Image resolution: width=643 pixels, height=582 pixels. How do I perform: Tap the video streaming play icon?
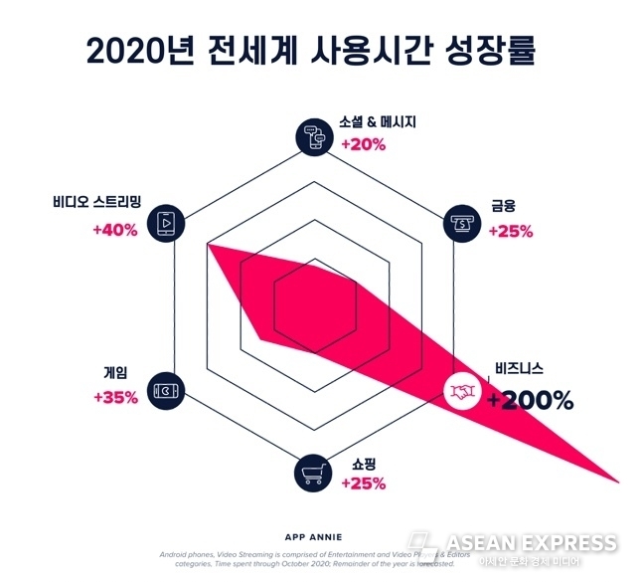pyautogui.click(x=164, y=222)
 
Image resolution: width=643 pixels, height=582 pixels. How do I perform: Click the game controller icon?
pyautogui.click(x=164, y=390)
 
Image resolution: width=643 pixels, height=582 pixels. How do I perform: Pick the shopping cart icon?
pyautogui.click(x=313, y=475)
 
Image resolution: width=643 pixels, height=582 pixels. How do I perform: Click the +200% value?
pyautogui.click(x=530, y=400)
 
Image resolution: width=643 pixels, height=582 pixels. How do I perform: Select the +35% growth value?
pyautogui.click(x=114, y=397)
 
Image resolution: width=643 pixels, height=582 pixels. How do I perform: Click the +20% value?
pyautogui.click(x=363, y=144)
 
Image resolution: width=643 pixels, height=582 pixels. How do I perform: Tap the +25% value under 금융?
pyautogui.click(x=510, y=232)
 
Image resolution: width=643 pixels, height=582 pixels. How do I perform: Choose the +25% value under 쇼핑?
pyautogui.click(x=363, y=484)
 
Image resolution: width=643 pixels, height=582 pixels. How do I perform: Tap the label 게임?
pyautogui.click(x=115, y=373)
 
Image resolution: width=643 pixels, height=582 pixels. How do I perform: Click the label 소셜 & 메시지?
pyautogui.click(x=377, y=122)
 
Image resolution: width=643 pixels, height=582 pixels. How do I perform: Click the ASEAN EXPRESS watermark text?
pyautogui.click(x=531, y=543)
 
